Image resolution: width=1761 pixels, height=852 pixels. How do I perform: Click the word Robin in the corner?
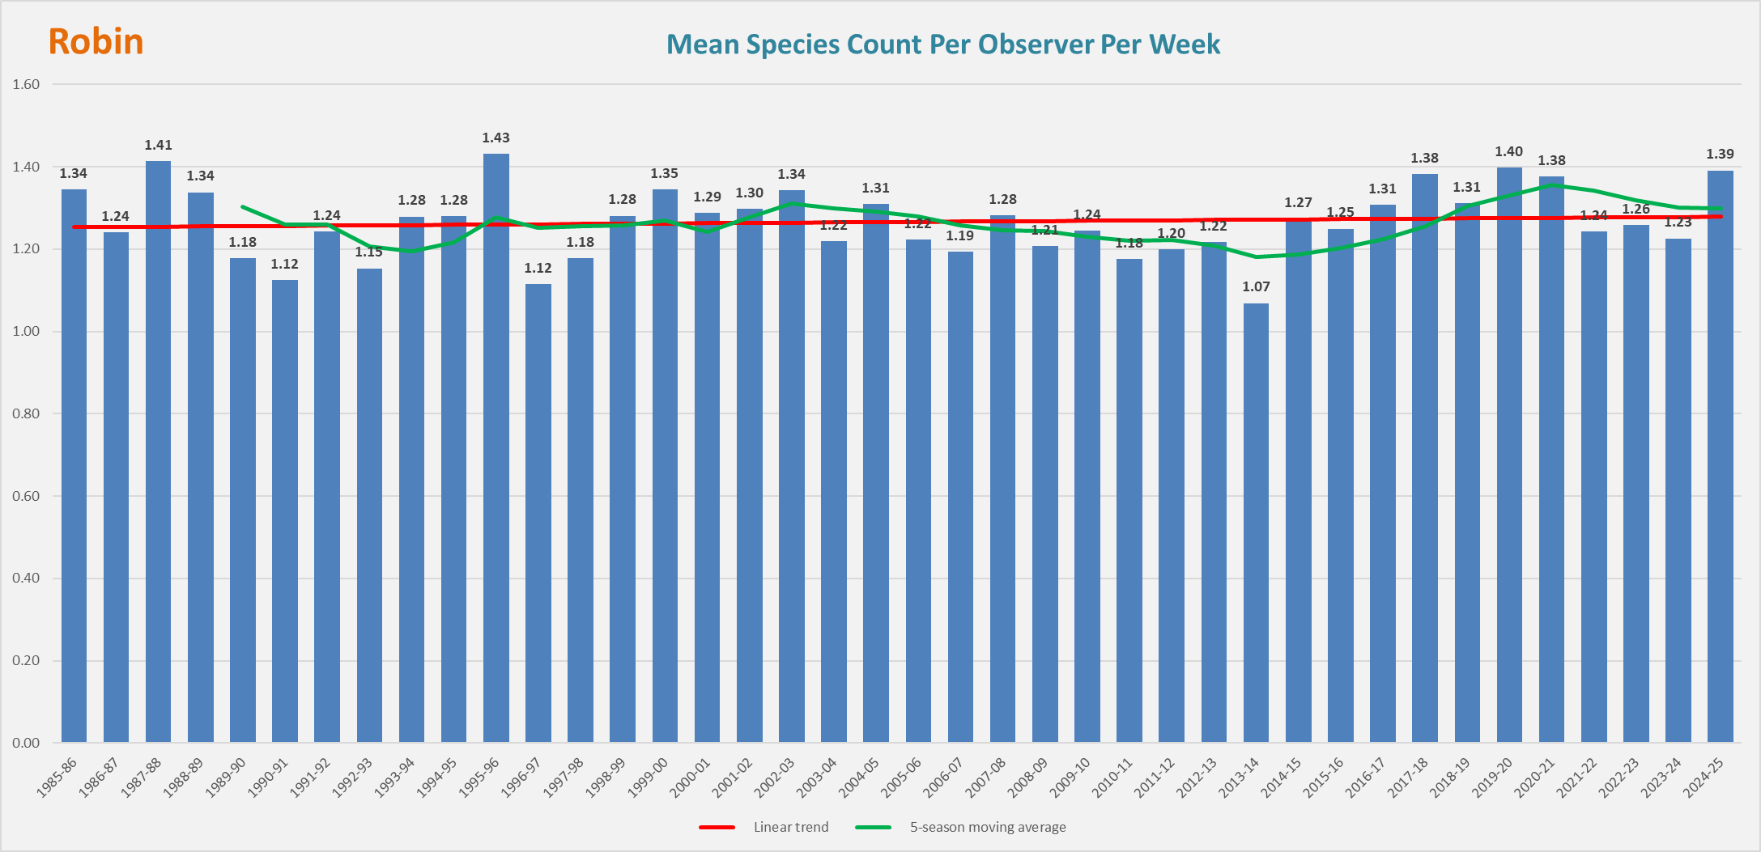(x=96, y=42)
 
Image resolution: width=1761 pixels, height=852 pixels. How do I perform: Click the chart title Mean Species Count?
(x=942, y=45)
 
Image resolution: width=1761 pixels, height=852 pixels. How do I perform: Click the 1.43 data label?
(x=496, y=138)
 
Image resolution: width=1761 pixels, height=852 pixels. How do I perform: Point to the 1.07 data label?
(x=1256, y=287)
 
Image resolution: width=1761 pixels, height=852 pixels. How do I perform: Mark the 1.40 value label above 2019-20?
(x=1508, y=152)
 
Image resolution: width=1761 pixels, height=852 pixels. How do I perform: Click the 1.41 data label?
(x=158, y=146)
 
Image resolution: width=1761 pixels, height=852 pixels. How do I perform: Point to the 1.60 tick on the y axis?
(x=26, y=84)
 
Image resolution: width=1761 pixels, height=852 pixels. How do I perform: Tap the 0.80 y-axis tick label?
(x=26, y=413)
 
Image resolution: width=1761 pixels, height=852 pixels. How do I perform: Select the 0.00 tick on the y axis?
(x=26, y=743)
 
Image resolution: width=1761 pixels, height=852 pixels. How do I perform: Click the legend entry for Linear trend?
(x=790, y=827)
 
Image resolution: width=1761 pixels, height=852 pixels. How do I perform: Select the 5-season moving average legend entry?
(x=987, y=827)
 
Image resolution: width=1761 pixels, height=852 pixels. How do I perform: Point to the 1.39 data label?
(x=1720, y=155)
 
